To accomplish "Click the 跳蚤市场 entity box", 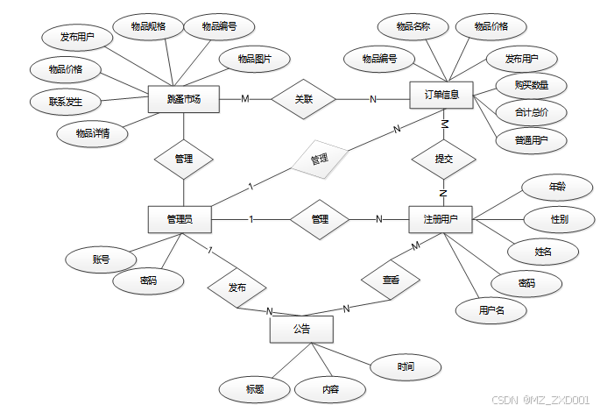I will tap(183, 98).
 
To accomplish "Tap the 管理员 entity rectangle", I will tap(182, 218).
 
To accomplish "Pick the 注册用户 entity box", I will tap(441, 218).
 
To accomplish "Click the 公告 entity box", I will tap(301, 329).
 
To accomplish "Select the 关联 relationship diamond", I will tap(303, 99).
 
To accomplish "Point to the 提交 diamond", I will tap(443, 159).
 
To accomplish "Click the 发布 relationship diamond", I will tap(236, 287).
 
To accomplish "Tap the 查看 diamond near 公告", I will tap(391, 280).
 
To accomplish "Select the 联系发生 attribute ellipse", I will tap(67, 102).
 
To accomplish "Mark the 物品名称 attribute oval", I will tap(413, 26).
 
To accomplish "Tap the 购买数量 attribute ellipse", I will tap(532, 85).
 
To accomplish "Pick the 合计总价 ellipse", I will tap(531, 112).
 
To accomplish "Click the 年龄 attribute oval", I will tap(557, 187).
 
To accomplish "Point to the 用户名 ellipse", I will tap(491, 309).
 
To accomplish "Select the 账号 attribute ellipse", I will tap(101, 259).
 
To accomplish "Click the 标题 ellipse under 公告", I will tap(255, 387).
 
